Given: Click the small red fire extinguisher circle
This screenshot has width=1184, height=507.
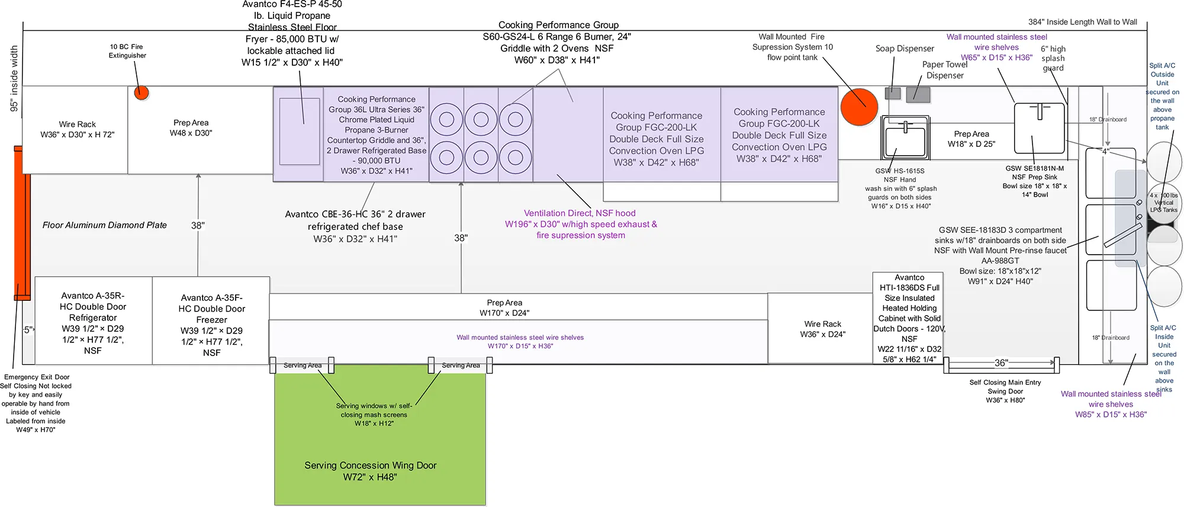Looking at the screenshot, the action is (141, 93).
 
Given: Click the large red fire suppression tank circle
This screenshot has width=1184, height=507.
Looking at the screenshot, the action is (860, 107).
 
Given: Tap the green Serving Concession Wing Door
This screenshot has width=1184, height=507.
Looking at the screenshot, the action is (380, 435).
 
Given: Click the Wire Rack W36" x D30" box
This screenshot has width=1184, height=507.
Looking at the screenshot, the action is (75, 130).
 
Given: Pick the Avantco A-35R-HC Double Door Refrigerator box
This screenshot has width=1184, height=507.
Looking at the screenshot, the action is (94, 320).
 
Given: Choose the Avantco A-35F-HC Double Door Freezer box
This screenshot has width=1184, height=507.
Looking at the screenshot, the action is (211, 320).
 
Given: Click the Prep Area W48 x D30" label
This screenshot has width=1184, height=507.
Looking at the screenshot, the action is (191, 128).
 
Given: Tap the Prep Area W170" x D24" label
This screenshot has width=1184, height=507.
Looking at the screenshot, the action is (504, 307).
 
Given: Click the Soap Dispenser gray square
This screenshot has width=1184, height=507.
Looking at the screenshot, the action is (893, 93).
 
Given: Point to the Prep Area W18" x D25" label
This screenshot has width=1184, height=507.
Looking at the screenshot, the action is (971, 139).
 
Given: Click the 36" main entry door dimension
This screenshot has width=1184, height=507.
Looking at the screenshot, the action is (1001, 363).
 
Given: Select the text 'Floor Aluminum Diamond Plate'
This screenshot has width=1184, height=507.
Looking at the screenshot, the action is (105, 225).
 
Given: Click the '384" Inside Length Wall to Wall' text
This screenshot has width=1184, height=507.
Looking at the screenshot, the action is (1083, 22).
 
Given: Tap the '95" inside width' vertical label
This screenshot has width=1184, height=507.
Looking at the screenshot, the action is (14, 79).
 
